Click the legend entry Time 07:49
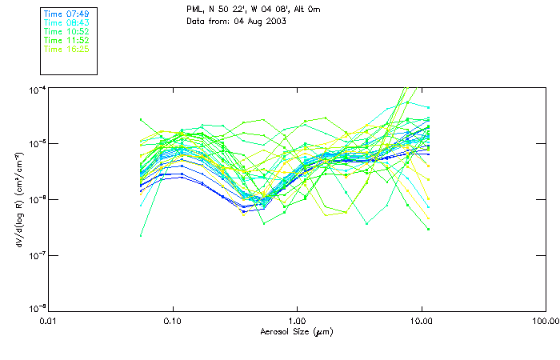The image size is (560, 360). [x=66, y=14]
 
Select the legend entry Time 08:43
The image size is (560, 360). [x=66, y=22]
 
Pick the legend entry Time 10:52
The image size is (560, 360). [x=66, y=31]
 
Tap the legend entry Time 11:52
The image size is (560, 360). [x=66, y=40]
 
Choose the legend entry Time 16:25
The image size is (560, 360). [x=66, y=49]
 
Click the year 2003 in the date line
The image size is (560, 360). [x=274, y=20]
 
